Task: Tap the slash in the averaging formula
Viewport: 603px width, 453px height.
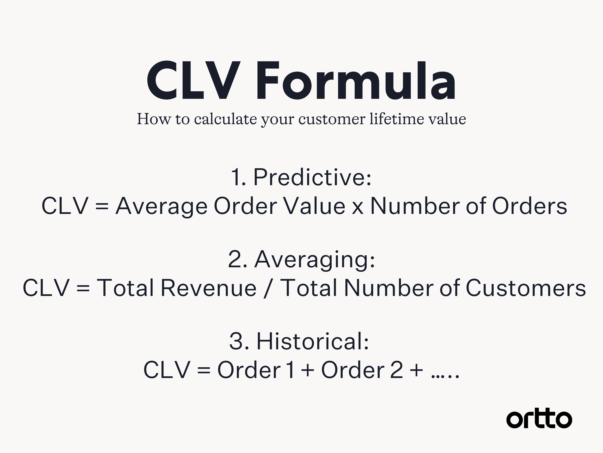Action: click(x=268, y=288)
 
